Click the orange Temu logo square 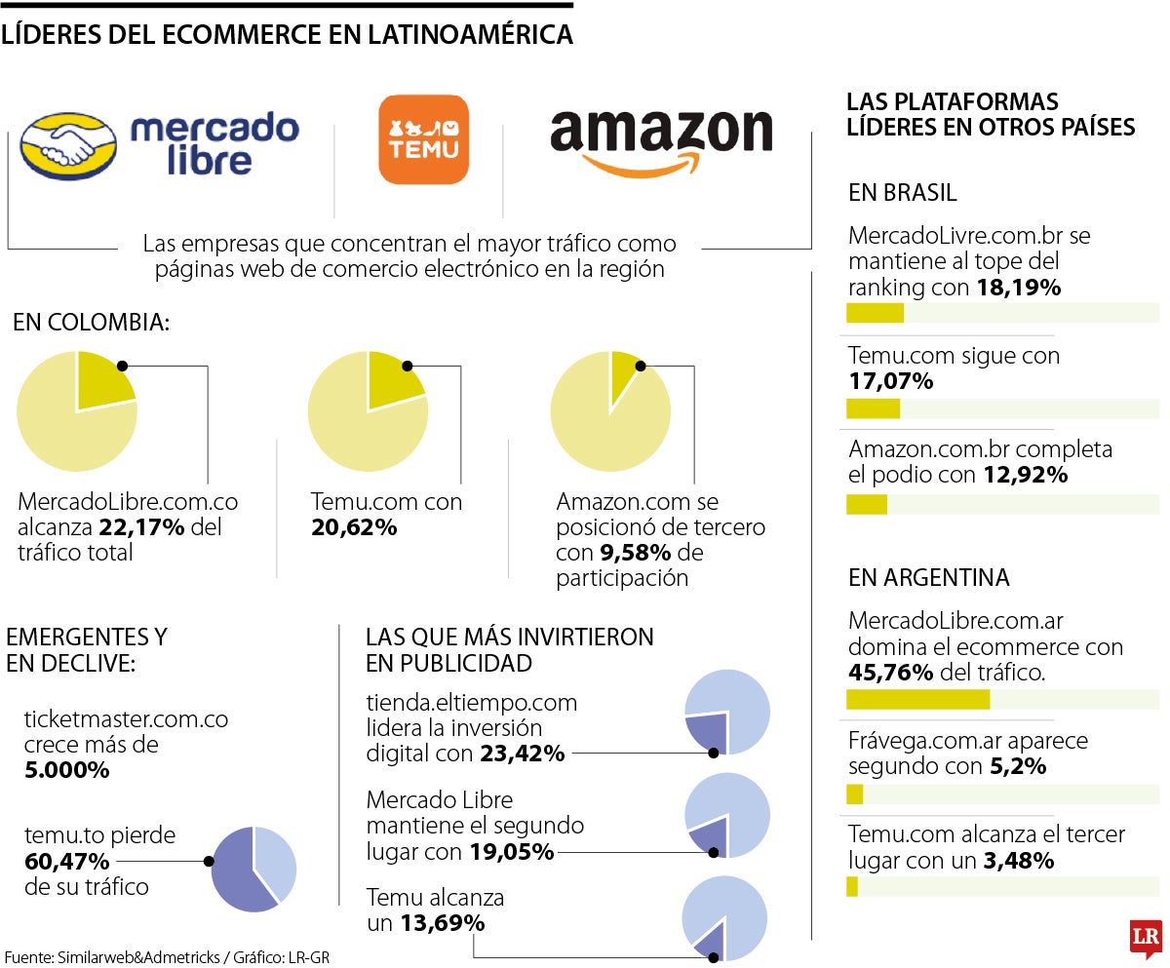point(423,139)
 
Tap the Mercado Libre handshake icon point(68,147)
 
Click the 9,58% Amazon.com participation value point(634,553)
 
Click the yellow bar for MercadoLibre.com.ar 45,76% point(917,699)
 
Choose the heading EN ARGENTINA point(928,577)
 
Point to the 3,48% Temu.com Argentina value point(1017,860)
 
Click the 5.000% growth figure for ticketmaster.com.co point(67,769)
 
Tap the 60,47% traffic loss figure point(67,861)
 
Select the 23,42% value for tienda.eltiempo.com point(522,754)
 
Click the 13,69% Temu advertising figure point(442,921)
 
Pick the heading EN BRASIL point(902,192)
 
